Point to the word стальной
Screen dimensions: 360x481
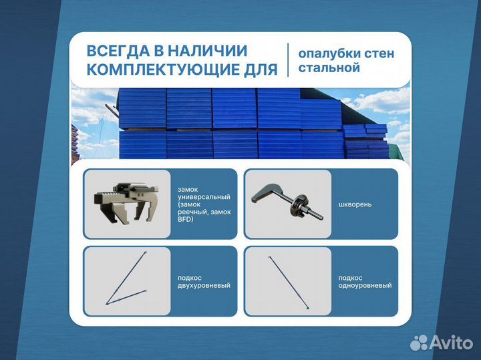329,68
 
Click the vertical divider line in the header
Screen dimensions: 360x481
287,60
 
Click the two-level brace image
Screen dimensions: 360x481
127,281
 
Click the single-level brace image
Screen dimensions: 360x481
287,281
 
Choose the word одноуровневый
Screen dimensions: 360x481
365,285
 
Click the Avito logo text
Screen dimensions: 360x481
452,342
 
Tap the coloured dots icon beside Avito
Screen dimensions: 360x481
420,342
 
